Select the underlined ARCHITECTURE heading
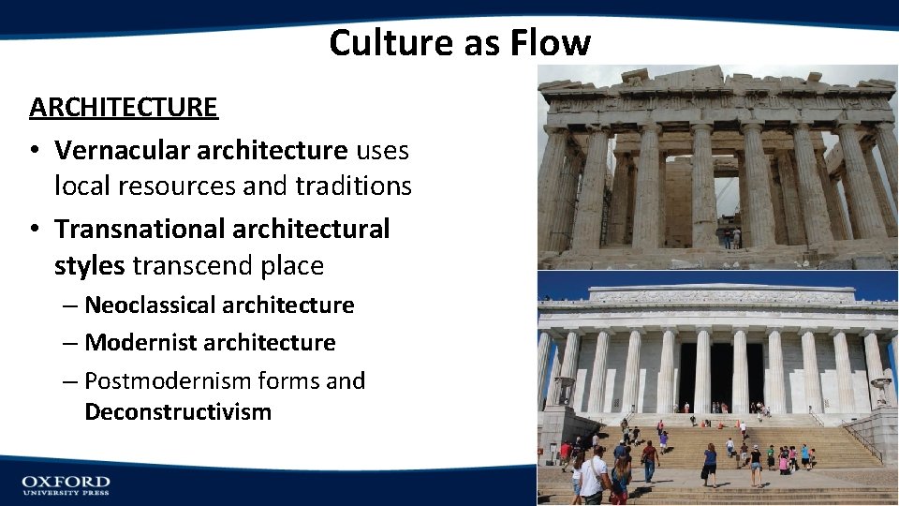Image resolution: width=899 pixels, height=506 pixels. (x=124, y=108)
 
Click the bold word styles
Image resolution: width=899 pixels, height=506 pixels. (x=89, y=266)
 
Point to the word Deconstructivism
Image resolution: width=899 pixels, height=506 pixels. (x=178, y=412)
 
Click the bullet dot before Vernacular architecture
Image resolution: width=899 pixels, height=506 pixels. (x=36, y=150)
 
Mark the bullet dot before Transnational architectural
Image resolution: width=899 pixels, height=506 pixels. (x=36, y=229)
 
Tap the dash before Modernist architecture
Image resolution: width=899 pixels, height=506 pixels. (x=71, y=343)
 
